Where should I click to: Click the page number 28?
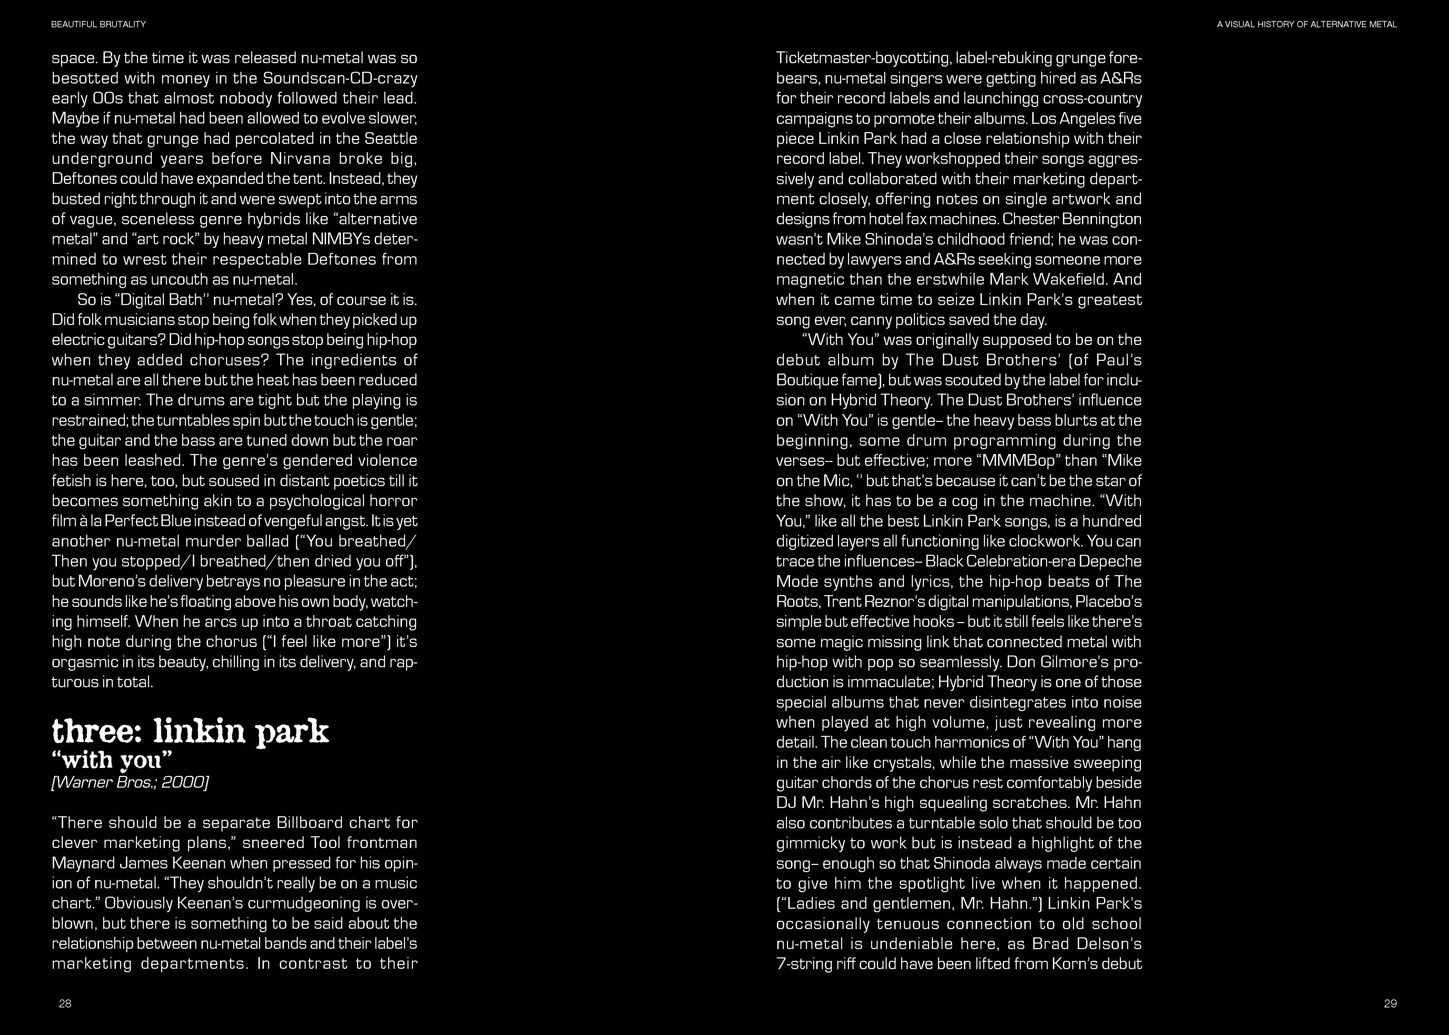(x=65, y=1003)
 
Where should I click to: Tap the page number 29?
(x=1390, y=1003)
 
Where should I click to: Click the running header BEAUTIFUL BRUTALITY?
(x=99, y=24)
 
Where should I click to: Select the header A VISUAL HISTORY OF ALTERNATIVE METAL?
(x=1306, y=24)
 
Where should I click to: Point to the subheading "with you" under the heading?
(x=112, y=760)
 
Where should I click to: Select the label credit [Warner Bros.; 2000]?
(x=130, y=782)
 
